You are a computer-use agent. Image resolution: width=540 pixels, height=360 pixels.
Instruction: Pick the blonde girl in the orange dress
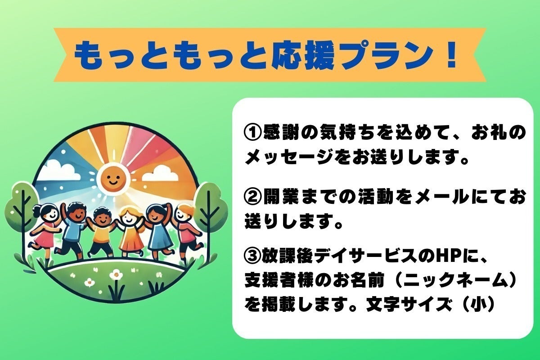pyautogui.click(x=130, y=232)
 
